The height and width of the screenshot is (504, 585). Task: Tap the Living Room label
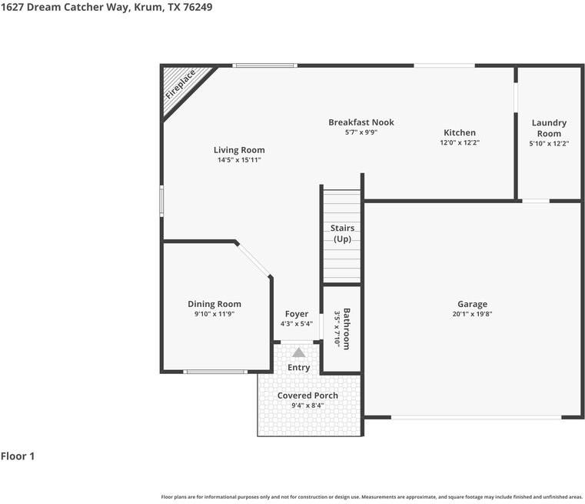(x=239, y=150)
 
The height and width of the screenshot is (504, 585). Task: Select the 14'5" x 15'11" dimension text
(x=239, y=160)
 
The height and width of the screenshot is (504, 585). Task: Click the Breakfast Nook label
(x=361, y=122)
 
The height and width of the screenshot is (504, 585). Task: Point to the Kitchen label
(x=460, y=132)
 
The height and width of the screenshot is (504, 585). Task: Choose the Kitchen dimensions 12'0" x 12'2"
(x=460, y=143)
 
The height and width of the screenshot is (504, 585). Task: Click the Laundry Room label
(x=549, y=128)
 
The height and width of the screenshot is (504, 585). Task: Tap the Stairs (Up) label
(x=342, y=233)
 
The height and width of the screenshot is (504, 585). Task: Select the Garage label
(x=472, y=304)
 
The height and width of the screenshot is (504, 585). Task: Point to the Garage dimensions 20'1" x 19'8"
(x=472, y=314)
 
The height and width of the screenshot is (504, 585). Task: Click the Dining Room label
(x=214, y=304)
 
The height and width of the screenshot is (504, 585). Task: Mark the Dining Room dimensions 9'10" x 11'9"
(x=214, y=314)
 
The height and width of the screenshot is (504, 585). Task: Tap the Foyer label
(x=297, y=314)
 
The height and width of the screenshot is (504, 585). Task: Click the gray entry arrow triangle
(x=297, y=352)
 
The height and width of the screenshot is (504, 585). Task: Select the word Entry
(x=299, y=368)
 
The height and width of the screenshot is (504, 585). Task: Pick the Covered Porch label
(x=307, y=396)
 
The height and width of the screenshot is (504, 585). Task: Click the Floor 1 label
(x=18, y=456)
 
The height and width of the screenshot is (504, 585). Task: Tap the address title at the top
(x=107, y=7)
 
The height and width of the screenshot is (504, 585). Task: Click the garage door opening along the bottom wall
(x=476, y=417)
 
